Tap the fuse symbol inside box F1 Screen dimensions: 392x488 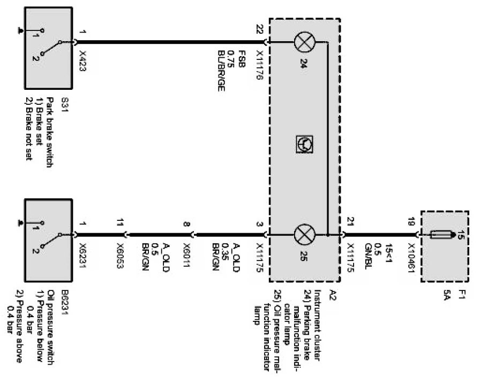coord(441,234)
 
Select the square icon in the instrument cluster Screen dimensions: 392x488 coord(303,143)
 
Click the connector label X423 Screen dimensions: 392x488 coord(82,62)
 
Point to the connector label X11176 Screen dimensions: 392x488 coord(260,65)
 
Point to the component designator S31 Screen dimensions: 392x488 coord(65,101)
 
